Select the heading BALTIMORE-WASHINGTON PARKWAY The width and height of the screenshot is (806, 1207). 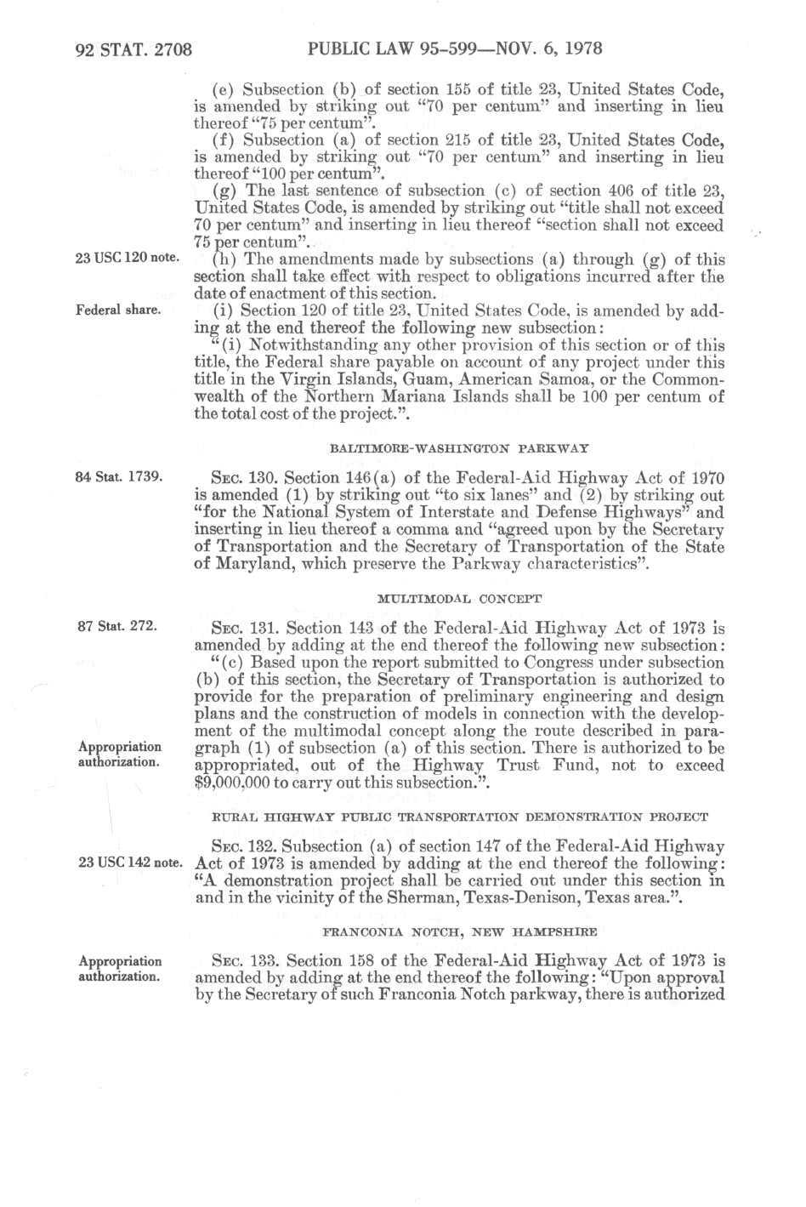[x=459, y=447]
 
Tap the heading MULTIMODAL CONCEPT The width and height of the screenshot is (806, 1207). [x=459, y=599]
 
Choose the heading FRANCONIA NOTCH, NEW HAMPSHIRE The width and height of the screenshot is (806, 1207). [x=459, y=931]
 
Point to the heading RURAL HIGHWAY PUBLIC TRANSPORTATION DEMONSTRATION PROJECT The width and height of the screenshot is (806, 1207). [x=459, y=817]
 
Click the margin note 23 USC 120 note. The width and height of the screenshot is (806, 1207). [x=127, y=259]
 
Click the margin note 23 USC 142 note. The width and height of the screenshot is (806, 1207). [x=128, y=863]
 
